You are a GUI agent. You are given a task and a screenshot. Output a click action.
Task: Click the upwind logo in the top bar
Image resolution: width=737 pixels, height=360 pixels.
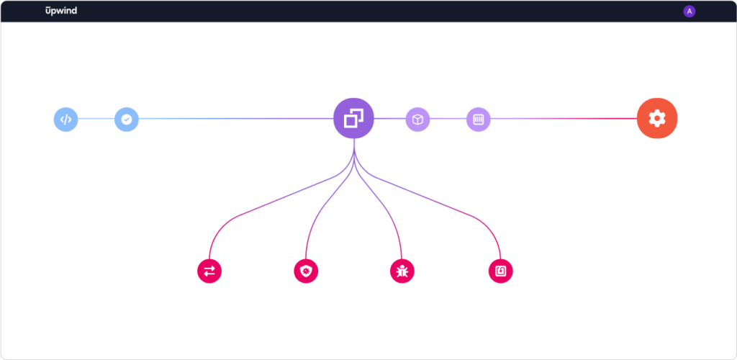pos(61,11)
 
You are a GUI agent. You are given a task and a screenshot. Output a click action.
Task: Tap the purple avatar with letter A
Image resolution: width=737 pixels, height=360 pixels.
pos(689,12)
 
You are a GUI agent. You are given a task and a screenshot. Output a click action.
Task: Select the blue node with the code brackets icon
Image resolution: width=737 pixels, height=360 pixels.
pos(65,120)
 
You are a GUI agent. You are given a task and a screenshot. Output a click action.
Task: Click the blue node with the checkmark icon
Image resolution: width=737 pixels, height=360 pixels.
pos(127,120)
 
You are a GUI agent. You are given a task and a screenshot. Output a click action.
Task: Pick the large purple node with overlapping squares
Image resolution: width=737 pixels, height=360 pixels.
pos(353,118)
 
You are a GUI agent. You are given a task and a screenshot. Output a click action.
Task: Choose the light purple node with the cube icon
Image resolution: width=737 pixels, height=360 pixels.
pos(418,120)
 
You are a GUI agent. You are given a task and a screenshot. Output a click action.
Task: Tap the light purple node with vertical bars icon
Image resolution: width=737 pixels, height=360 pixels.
pos(479,120)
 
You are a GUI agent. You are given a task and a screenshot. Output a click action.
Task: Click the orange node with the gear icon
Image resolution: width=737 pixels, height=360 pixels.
pos(657,118)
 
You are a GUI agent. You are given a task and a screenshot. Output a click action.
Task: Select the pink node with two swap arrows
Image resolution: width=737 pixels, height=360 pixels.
pos(209,271)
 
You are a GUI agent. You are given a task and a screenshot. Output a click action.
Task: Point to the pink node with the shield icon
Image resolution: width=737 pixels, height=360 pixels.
pos(306,271)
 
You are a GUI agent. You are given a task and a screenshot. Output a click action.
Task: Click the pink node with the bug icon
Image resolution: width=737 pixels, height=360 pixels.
pos(402,271)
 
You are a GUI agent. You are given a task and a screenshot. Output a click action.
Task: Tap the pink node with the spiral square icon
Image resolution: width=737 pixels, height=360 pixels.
pos(501,271)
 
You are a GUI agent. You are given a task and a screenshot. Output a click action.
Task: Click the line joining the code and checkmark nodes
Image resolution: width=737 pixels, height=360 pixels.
pos(96,118)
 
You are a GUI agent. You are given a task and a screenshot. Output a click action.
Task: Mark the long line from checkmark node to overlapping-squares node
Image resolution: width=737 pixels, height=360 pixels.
pos(236,118)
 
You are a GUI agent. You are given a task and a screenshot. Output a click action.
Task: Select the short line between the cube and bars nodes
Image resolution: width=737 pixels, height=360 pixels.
pos(448,118)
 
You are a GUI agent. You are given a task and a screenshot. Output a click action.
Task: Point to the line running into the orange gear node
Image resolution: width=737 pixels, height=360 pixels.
pos(564,118)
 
